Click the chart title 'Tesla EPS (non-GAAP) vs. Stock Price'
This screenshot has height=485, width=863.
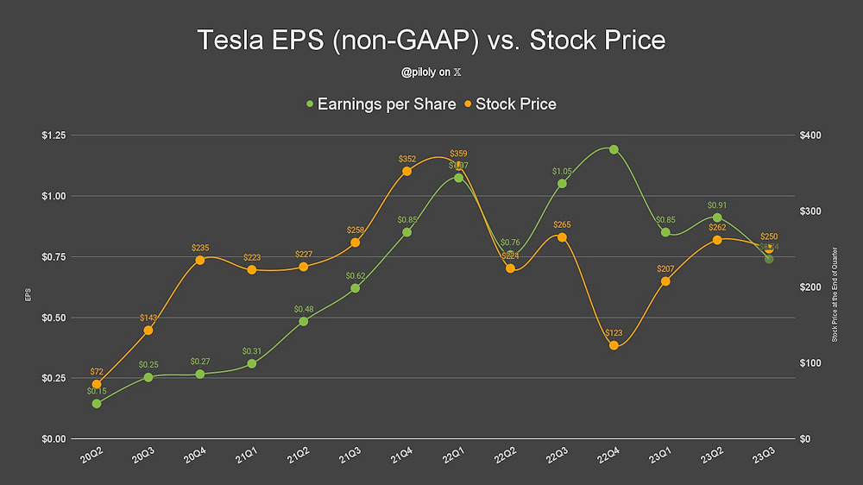click(x=431, y=41)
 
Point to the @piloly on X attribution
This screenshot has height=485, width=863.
click(x=431, y=73)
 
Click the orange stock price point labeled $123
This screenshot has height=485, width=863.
click(x=614, y=345)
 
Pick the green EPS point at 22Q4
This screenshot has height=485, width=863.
click(x=614, y=149)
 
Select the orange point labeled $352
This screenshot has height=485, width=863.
click(x=406, y=171)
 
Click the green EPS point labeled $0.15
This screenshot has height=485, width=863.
click(x=96, y=403)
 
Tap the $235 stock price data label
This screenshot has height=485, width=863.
click(x=199, y=248)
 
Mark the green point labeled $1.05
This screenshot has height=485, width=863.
click(x=562, y=183)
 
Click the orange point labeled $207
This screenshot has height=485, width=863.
click(x=665, y=281)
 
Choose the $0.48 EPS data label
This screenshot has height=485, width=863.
click(x=303, y=309)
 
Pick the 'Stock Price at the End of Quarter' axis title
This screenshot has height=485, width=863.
click(x=835, y=294)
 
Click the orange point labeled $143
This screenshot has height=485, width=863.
click(x=148, y=331)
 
